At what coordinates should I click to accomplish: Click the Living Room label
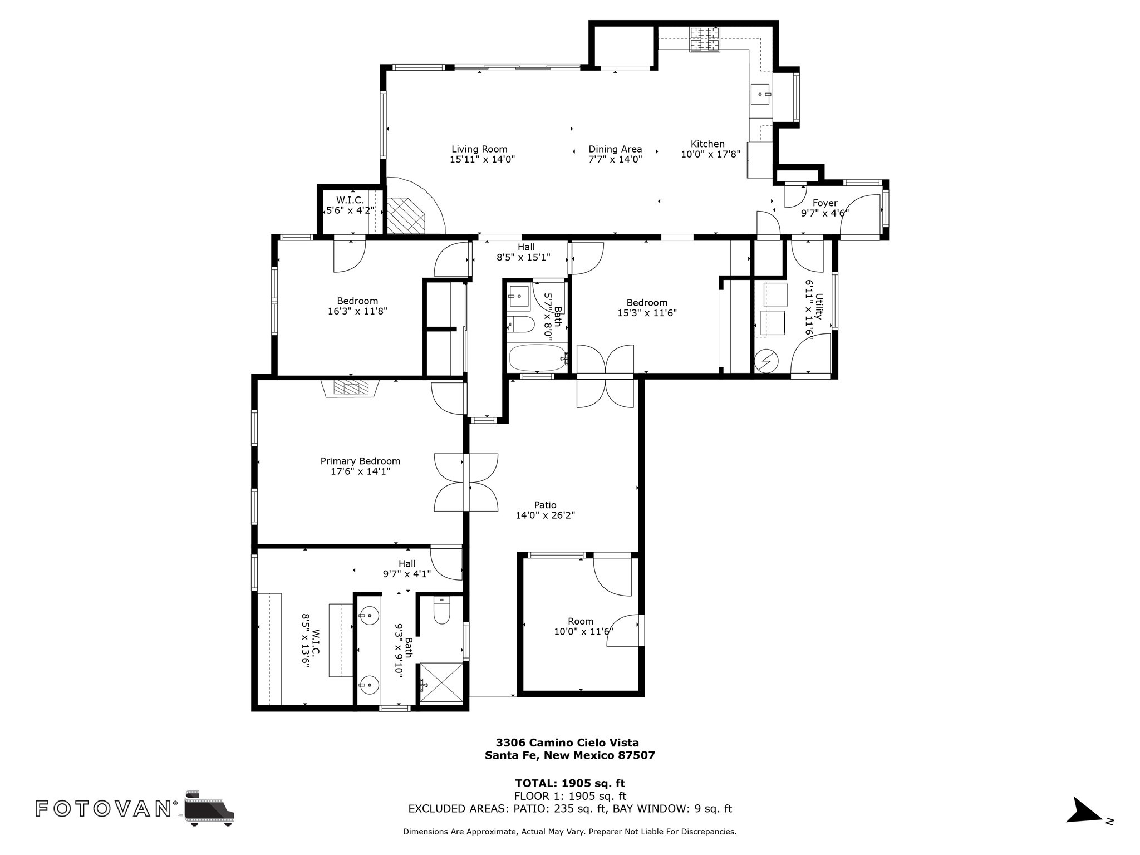tap(479, 149)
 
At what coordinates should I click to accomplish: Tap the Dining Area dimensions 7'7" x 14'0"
tap(615, 159)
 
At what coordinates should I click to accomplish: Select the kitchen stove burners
tap(705, 40)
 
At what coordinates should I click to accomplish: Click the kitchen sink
tap(760, 95)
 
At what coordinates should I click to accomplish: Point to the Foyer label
tap(825, 203)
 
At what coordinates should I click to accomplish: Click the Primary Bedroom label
tap(360, 461)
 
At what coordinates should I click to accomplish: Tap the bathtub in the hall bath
tap(537, 358)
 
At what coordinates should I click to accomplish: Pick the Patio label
tap(545, 505)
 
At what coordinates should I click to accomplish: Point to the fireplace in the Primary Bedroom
tap(351, 388)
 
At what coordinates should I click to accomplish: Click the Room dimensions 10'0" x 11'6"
tap(583, 632)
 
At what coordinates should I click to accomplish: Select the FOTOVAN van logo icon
tap(210, 808)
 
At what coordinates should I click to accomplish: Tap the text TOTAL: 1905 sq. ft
tap(570, 784)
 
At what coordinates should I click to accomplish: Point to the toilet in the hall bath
tap(521, 324)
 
